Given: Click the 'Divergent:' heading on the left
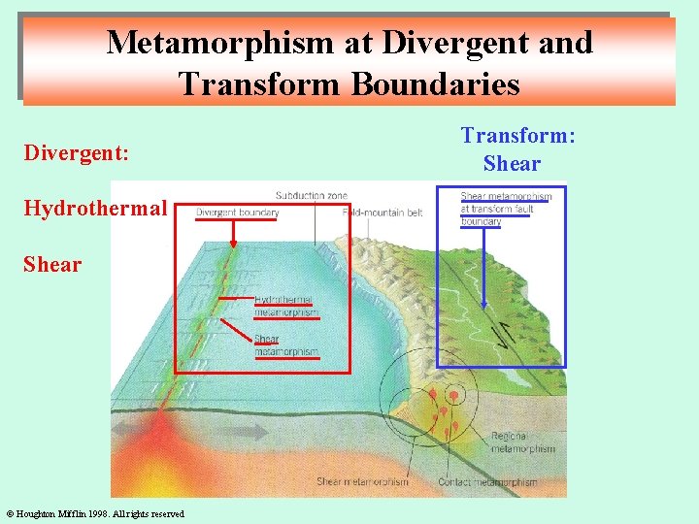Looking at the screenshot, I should point(77,153).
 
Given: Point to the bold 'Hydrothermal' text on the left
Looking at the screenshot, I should point(95,208).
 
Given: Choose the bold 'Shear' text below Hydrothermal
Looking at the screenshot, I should point(52,264).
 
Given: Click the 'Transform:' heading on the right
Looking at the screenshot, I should point(517,136).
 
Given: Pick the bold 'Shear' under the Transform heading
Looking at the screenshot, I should point(512,163).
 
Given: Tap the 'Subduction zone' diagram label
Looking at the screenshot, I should point(311,196).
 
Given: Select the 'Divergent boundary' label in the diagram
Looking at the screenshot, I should point(237,213).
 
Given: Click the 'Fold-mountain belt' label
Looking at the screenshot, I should point(383,213).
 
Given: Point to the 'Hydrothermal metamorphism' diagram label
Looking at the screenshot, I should point(285,307).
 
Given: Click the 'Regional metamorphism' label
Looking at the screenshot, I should point(523,443).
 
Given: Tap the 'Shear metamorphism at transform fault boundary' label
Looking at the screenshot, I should point(505,209).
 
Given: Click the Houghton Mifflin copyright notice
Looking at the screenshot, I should point(95,513).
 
